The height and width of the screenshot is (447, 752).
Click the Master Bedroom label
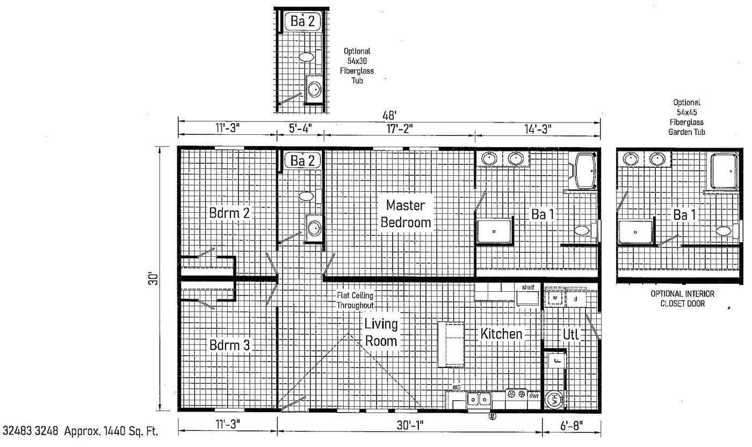pyautogui.click(x=406, y=214)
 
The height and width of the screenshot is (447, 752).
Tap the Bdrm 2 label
pyautogui.click(x=229, y=213)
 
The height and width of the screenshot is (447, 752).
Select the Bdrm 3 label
pyautogui.click(x=229, y=345)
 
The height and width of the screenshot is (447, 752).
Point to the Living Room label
pyautogui.click(x=381, y=333)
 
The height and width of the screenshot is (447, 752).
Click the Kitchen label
pyautogui.click(x=501, y=334)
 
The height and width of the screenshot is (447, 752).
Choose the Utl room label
pyautogui.click(x=570, y=334)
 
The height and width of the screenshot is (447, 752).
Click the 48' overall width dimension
pyautogui.click(x=389, y=115)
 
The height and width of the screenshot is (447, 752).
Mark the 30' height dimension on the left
pyautogui.click(x=154, y=279)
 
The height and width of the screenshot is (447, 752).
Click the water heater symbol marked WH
pyautogui.click(x=553, y=400)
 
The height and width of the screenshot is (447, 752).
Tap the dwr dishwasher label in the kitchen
pyautogui.click(x=533, y=395)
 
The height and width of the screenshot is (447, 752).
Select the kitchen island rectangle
pyautogui.click(x=451, y=344)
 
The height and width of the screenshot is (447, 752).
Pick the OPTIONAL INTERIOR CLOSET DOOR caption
pyautogui.click(x=682, y=299)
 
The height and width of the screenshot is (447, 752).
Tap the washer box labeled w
pyautogui.click(x=555, y=297)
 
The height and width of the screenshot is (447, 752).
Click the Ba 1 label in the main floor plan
pyautogui.click(x=543, y=214)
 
